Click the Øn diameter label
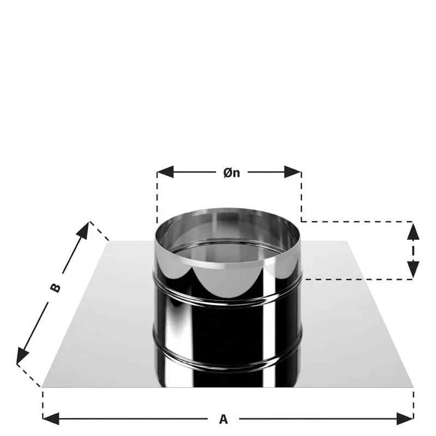[x=232, y=173]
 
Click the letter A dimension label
[x=223, y=419]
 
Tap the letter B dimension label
[x=56, y=288]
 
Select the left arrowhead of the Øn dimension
[x=165, y=172]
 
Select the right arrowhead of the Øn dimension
[x=293, y=172]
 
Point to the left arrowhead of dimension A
[x=51, y=419]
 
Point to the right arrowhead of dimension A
[x=405, y=419]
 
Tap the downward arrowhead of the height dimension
[x=413, y=269]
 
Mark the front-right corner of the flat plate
[x=414, y=387]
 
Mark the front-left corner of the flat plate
[x=42, y=387]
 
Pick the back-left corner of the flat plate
[x=110, y=241]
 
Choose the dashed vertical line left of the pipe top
[x=157, y=199]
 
